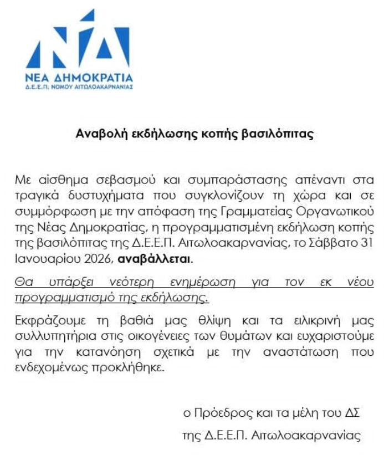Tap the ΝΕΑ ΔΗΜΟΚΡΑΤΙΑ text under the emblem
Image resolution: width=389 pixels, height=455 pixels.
click(78, 76)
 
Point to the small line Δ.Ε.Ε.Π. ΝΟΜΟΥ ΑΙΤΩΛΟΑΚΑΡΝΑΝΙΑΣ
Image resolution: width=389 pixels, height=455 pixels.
click(78, 87)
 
